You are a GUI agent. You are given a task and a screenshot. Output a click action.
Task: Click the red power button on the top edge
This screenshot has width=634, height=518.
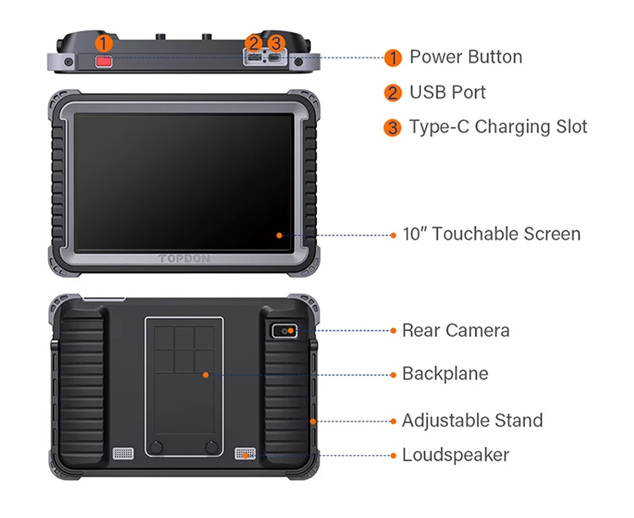pos(103,62)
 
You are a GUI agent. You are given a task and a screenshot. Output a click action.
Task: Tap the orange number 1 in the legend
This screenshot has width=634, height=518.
pos(392,58)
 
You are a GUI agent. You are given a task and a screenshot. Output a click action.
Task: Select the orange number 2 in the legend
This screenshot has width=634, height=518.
pos(392,93)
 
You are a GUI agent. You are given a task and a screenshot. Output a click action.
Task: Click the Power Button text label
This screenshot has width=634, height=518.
pos(466,57)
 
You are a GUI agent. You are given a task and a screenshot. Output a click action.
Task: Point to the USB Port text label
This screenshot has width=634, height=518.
pos(447,92)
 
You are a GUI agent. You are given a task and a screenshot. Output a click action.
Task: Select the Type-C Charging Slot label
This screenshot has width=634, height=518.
pos(498,127)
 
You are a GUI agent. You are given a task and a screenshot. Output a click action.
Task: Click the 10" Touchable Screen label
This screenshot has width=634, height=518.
pos(491,234)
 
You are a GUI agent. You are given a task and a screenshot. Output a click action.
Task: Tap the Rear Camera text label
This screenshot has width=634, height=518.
pos(456,330)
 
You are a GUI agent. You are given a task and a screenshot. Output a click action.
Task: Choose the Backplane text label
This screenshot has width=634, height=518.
pos(445,373)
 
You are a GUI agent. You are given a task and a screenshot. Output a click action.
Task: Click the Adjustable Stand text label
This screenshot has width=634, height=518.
pos(472,421)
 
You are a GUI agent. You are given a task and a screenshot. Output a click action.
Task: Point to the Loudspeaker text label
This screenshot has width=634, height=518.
pos(455,455)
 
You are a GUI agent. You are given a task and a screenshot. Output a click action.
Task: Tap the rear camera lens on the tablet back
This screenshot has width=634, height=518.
pos(287,331)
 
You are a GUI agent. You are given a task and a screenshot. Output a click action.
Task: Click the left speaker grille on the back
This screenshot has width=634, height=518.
pos(123,453)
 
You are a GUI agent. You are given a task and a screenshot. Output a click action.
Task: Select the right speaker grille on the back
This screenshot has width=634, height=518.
pos(244,453)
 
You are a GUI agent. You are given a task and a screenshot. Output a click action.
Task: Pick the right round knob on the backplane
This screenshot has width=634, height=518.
pos(212,446)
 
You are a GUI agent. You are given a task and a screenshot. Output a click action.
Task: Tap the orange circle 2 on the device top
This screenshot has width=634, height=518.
pos(253,42)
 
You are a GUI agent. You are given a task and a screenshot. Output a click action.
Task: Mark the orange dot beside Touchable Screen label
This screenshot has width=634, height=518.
pos(394,234)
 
